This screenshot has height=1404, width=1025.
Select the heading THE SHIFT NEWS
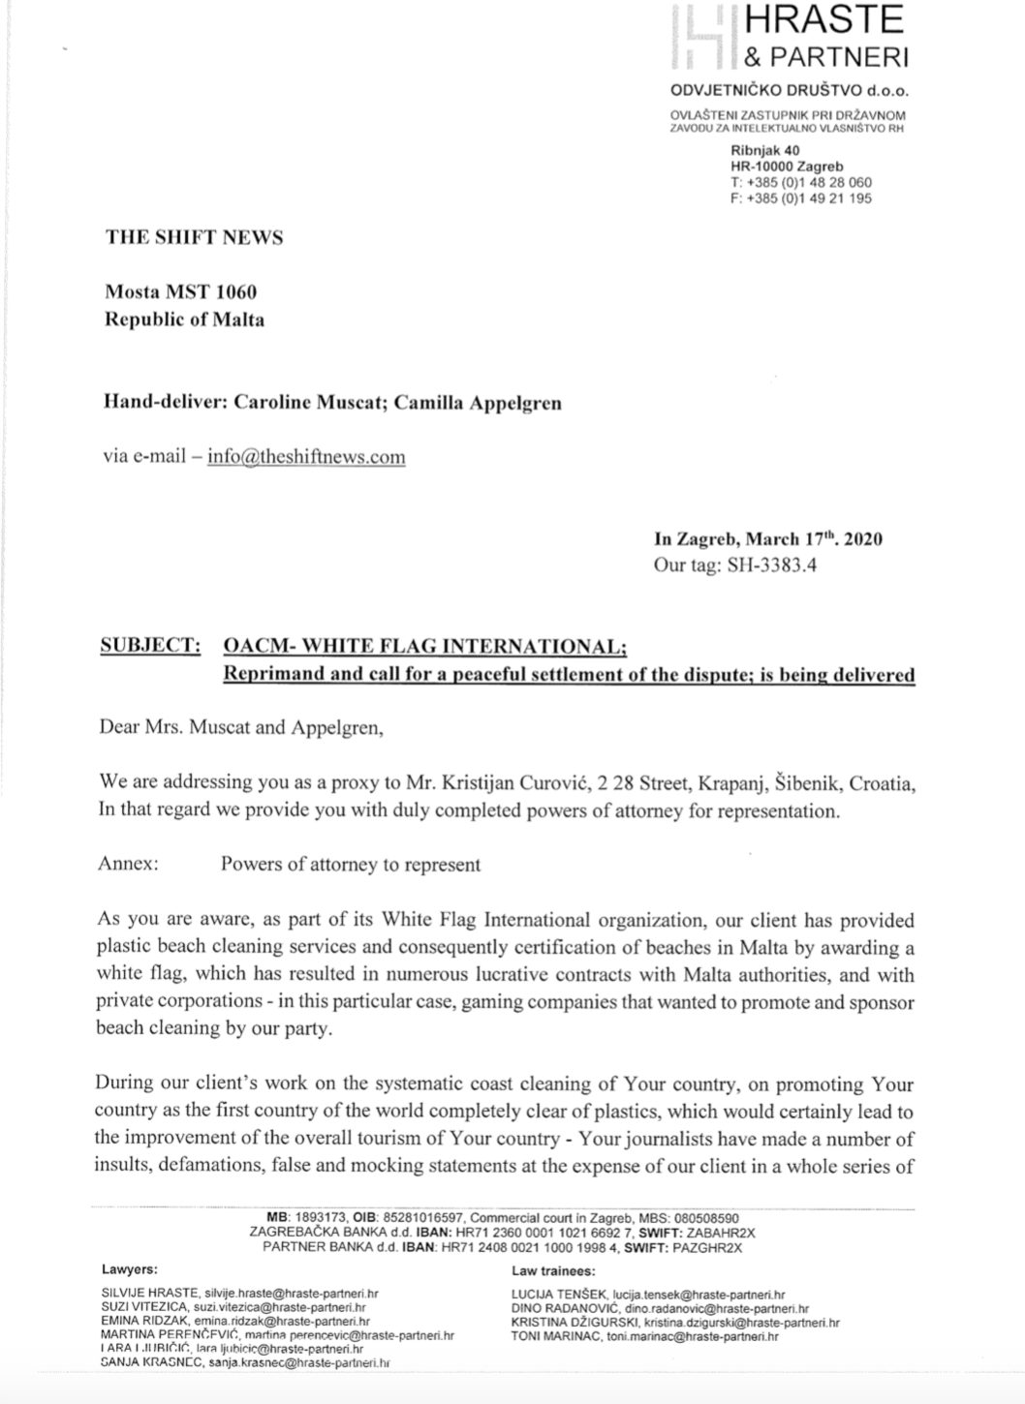tap(194, 237)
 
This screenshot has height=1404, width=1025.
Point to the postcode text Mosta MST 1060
tap(181, 291)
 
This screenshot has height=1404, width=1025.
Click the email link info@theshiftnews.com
tap(307, 457)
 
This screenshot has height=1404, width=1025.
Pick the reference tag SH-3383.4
tap(771, 565)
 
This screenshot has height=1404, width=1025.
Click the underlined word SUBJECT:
tap(150, 647)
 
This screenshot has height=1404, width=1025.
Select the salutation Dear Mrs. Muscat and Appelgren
tap(241, 728)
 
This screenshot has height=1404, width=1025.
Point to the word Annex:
tap(129, 864)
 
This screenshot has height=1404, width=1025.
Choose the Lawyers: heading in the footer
tap(130, 1269)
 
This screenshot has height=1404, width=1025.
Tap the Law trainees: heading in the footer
tap(553, 1270)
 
